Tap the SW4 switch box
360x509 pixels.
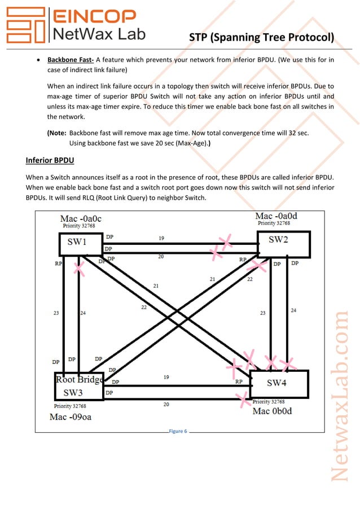click(x=279, y=384)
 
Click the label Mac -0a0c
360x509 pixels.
click(x=81, y=218)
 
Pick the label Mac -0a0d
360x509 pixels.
click(x=277, y=216)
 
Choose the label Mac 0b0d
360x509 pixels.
click(x=273, y=411)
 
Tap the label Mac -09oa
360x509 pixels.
click(x=71, y=417)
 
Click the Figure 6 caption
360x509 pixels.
click(x=178, y=432)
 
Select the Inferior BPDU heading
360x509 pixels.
click(x=50, y=161)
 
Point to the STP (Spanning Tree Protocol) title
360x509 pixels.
click(x=261, y=38)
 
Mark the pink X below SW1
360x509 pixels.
click(x=79, y=269)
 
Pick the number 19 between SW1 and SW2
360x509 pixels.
click(x=161, y=238)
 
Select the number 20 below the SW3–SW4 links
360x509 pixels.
click(x=166, y=404)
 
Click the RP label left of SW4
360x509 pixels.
click(x=239, y=382)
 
